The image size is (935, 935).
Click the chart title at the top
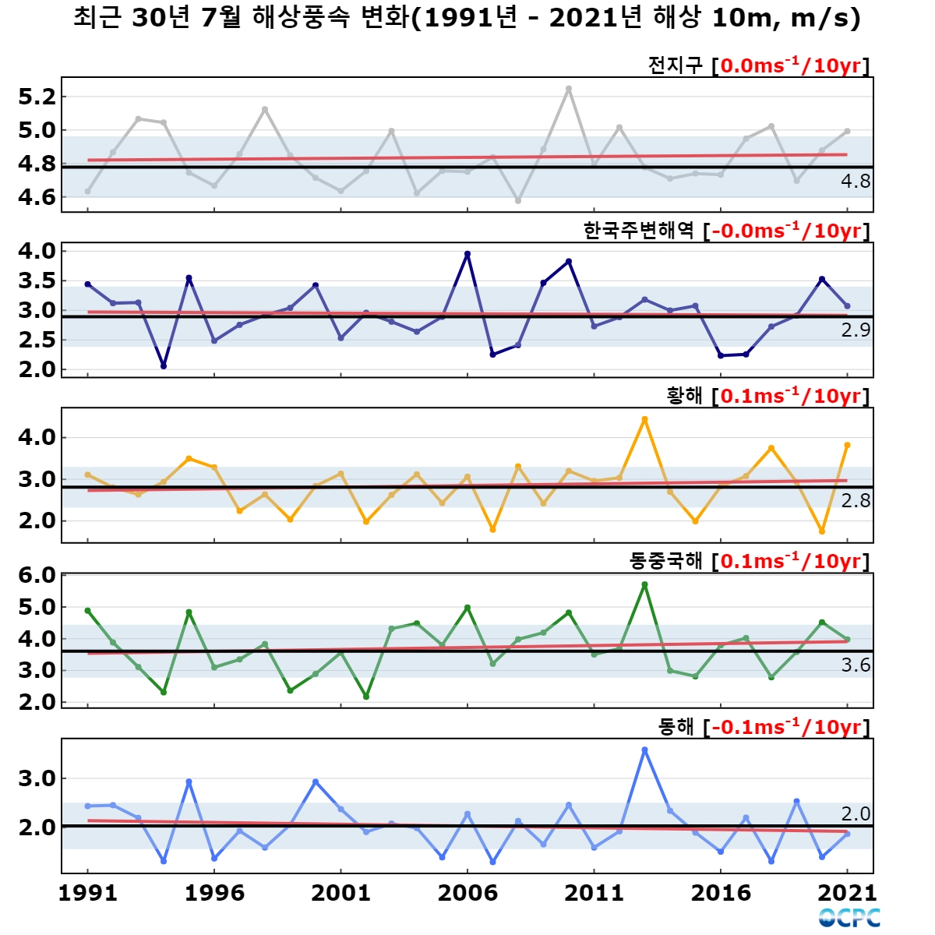[x=467, y=19]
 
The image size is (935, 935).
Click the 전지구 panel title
[x=758, y=65]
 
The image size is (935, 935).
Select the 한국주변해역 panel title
[x=726, y=231]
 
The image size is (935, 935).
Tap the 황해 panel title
[x=767, y=396]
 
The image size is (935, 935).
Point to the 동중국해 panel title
[x=749, y=561]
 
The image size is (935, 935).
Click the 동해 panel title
[x=764, y=727]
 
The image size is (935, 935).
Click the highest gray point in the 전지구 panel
[x=569, y=89]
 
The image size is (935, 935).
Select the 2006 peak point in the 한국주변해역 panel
[x=467, y=254]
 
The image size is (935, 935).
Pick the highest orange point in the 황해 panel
[x=644, y=419]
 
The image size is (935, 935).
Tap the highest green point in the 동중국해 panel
[x=644, y=584]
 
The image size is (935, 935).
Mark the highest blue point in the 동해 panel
[x=644, y=750]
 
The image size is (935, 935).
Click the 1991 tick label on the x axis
[x=88, y=893]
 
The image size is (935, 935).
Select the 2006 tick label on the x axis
[x=467, y=893]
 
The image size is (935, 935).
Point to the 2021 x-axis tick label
[x=847, y=893]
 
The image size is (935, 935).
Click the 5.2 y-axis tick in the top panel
[x=37, y=97]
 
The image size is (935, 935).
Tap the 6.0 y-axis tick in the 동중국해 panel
[x=37, y=575]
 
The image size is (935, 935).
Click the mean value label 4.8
[x=856, y=181]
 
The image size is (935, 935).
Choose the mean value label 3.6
[x=856, y=665]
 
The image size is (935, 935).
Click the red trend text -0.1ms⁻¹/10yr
[x=786, y=727]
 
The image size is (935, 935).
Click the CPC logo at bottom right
[x=849, y=918]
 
